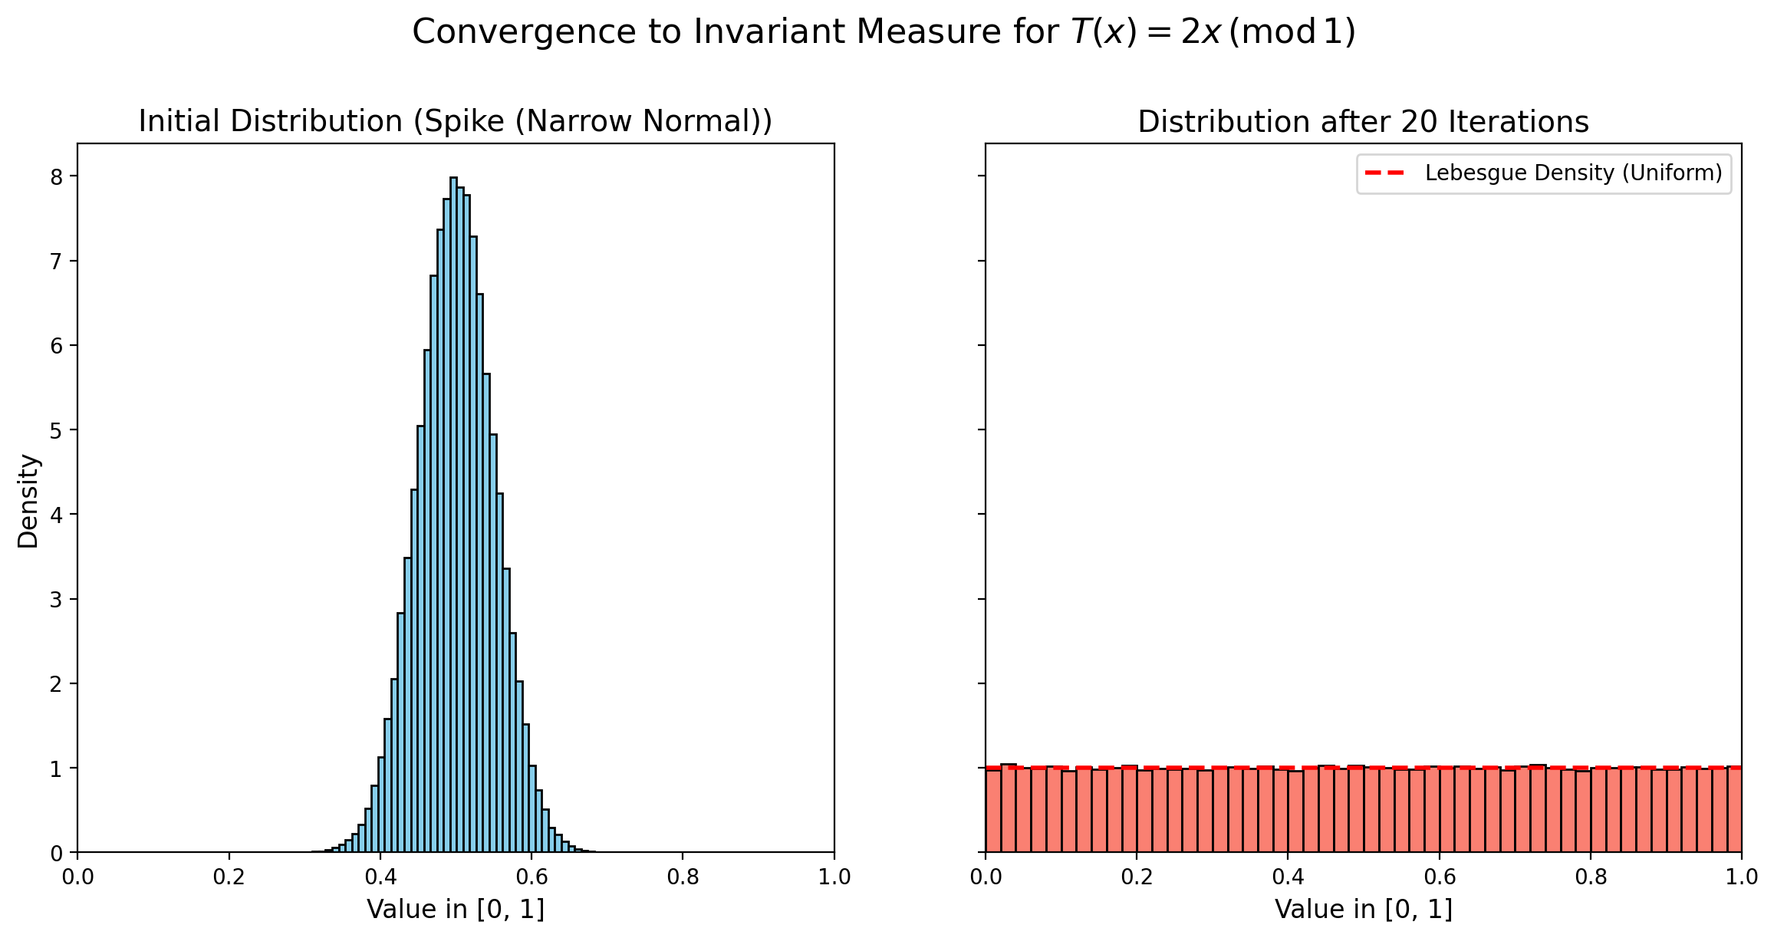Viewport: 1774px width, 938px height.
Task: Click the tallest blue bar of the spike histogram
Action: click(453, 514)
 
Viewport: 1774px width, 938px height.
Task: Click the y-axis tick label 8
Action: click(56, 177)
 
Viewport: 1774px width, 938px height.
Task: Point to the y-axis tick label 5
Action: click(56, 430)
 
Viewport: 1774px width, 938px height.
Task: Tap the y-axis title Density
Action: click(28, 501)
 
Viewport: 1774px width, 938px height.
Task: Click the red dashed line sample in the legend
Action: click(1384, 173)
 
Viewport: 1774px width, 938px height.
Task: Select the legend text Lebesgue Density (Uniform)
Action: click(1574, 173)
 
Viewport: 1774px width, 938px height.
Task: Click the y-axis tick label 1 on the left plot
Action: click(56, 769)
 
